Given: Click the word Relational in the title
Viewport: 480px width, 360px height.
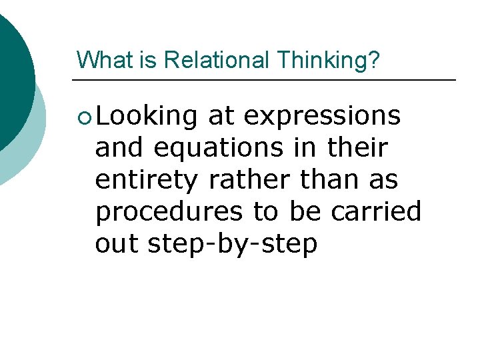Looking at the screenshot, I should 217,60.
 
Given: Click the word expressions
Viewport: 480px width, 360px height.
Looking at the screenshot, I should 322,116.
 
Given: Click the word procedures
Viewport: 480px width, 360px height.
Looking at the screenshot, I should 169,212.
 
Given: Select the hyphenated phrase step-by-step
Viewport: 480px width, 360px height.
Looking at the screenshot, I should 232,245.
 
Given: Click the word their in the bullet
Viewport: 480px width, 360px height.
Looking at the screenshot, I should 357,148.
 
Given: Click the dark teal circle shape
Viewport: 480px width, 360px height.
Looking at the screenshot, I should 10,80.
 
